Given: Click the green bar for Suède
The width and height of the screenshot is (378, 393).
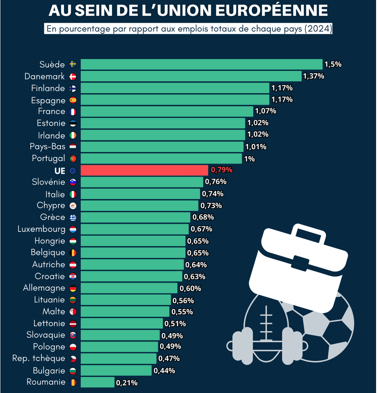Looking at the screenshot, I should click(201, 64).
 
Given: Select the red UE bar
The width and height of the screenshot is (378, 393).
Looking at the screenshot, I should click(144, 170).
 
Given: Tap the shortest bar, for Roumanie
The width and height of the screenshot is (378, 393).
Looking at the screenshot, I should click(97, 382).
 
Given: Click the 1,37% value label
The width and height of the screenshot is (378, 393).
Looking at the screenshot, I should click(314, 76).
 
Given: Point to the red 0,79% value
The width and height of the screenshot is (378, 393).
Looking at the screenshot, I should click(222, 170).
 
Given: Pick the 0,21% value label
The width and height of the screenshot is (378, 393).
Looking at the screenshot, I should click(127, 383).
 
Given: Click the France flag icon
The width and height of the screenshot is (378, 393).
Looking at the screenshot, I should click(73, 112).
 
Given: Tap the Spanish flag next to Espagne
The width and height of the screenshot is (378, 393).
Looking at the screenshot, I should click(73, 100).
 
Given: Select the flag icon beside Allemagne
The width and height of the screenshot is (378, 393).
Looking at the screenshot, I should click(73, 288).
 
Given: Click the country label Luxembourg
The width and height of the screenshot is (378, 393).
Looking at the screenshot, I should click(41, 229).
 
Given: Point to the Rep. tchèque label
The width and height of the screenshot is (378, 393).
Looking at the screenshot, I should click(39, 358).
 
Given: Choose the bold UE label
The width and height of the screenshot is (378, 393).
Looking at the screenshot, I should click(60, 170).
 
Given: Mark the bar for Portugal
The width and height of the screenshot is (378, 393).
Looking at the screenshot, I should click(161, 159).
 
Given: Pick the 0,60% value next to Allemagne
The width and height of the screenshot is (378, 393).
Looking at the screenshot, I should click(190, 288).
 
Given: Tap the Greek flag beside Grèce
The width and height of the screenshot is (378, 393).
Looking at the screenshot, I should click(73, 218).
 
